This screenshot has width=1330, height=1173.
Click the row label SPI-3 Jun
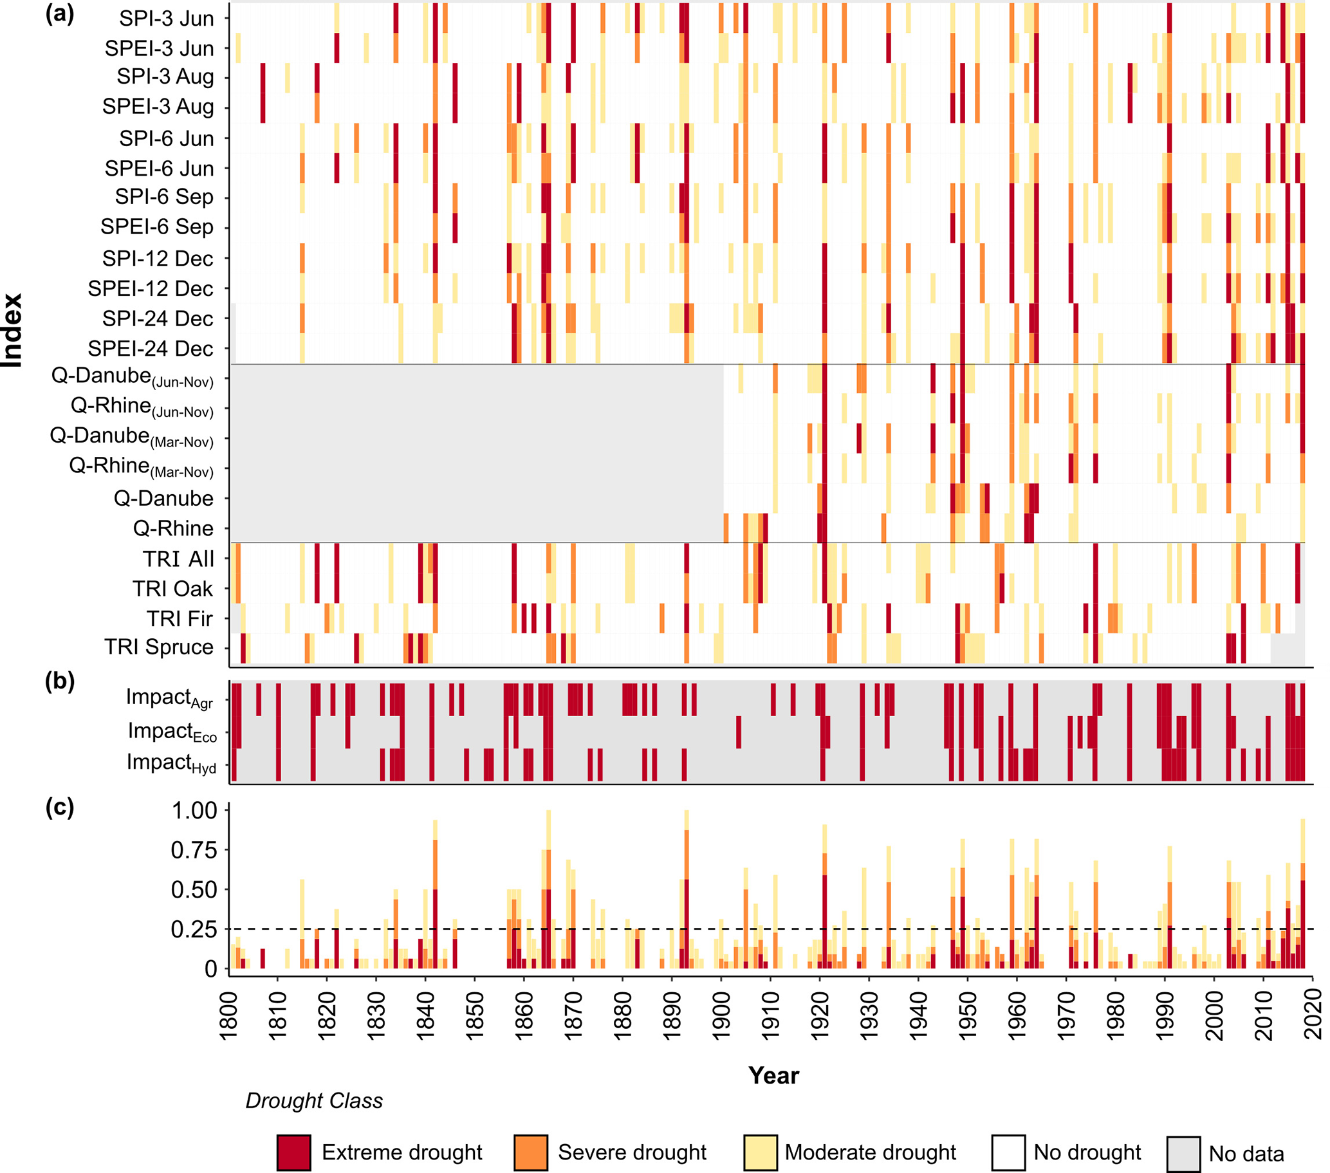[166, 18]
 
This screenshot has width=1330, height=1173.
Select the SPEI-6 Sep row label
[157, 226]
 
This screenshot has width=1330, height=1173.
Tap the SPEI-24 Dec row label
[151, 349]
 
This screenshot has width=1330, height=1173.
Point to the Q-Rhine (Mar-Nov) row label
[141, 466]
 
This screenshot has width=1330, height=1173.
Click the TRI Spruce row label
[159, 647]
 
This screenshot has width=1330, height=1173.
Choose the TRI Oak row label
[172, 588]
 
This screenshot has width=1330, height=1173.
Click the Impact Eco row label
[172, 732]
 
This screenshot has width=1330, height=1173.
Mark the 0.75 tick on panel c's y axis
[194, 849]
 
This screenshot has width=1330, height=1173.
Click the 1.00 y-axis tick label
[194, 810]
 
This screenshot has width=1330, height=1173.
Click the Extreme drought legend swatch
[293, 1152]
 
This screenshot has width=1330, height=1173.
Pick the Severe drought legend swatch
[530, 1152]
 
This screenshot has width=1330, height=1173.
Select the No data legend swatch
[1183, 1154]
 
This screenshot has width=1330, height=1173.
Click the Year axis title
[773, 1075]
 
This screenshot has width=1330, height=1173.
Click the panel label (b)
[60, 681]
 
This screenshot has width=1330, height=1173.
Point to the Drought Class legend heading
[313, 1100]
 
